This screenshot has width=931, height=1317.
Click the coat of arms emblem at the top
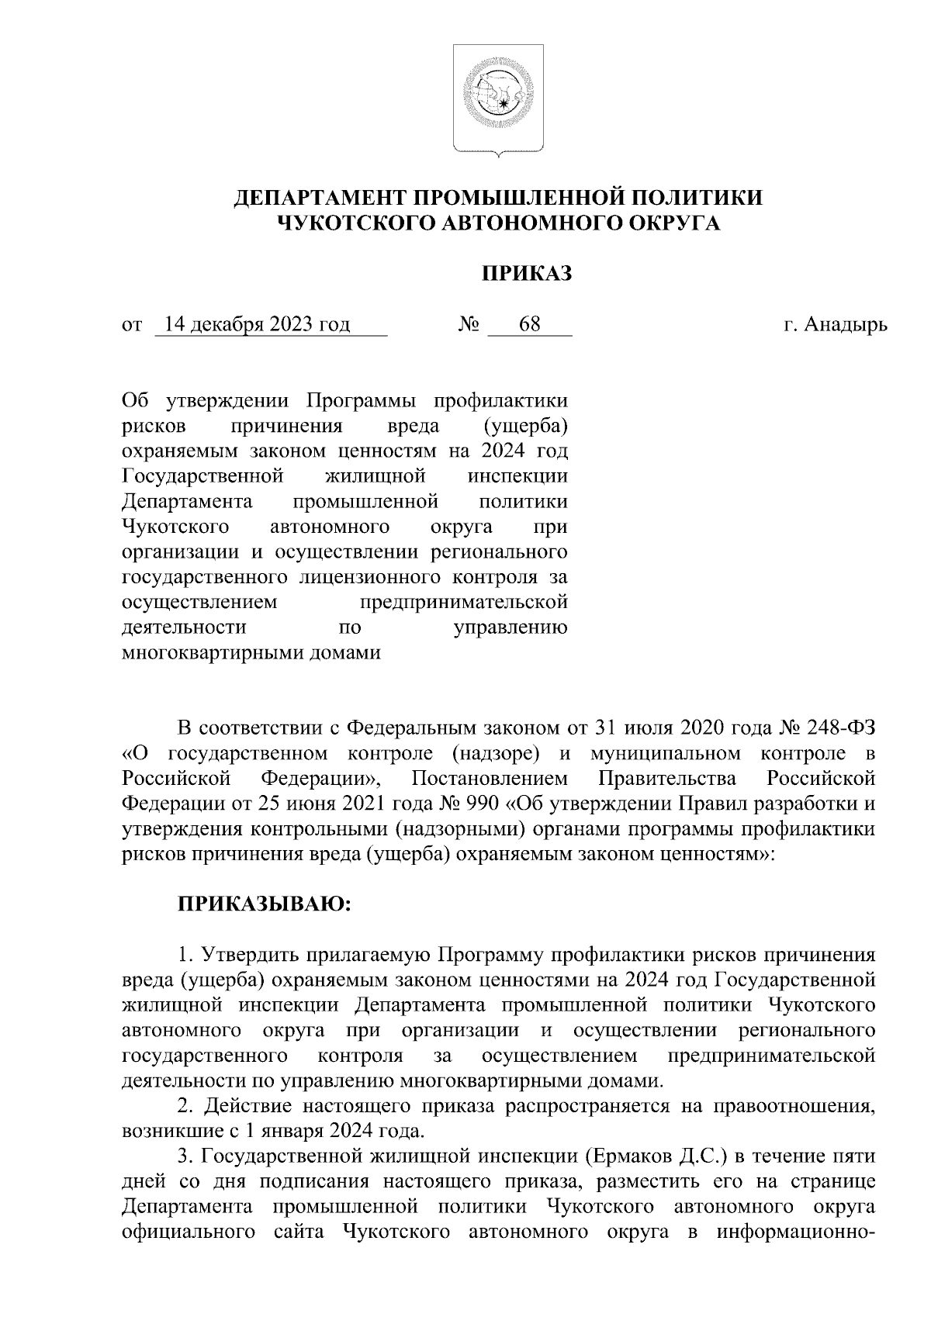click(498, 98)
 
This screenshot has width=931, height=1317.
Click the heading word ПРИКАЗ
click(527, 275)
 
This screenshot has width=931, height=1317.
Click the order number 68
click(530, 324)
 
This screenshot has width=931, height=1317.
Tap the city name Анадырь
click(845, 324)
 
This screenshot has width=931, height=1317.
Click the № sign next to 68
click(468, 324)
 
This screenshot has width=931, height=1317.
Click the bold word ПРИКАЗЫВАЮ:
click(265, 904)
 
